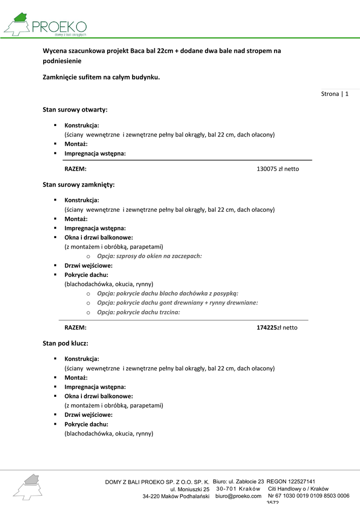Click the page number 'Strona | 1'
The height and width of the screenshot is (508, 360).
click(x=335, y=94)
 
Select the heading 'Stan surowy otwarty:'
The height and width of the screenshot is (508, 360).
click(x=75, y=109)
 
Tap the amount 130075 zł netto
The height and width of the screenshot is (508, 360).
click(x=278, y=169)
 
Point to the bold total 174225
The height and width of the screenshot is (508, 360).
click(x=266, y=327)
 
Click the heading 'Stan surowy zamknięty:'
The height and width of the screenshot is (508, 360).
click(x=78, y=185)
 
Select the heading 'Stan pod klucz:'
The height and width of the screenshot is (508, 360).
click(x=66, y=343)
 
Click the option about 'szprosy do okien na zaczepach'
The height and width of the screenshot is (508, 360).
click(x=149, y=256)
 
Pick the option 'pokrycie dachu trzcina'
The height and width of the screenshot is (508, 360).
click(x=138, y=312)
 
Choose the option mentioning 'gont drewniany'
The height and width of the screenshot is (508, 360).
click(x=177, y=303)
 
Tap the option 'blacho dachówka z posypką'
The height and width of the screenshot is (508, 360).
click(x=167, y=293)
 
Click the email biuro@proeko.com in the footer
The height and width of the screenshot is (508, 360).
click(x=238, y=496)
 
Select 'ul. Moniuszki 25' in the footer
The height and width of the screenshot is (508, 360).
click(x=190, y=489)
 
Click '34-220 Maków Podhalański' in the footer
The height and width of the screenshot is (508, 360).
click(x=176, y=497)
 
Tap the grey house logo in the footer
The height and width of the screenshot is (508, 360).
click(x=28, y=486)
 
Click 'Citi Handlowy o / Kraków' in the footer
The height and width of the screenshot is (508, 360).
click(x=298, y=489)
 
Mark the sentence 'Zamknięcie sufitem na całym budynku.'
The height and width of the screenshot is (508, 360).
click(x=101, y=77)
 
